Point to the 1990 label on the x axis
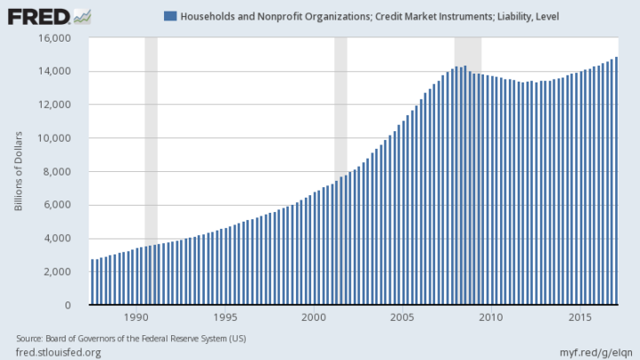[x=137, y=317]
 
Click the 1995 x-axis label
[x=225, y=317]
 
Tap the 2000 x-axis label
[x=314, y=317]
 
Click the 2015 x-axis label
[x=581, y=317]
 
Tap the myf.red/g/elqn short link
[x=594, y=352]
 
